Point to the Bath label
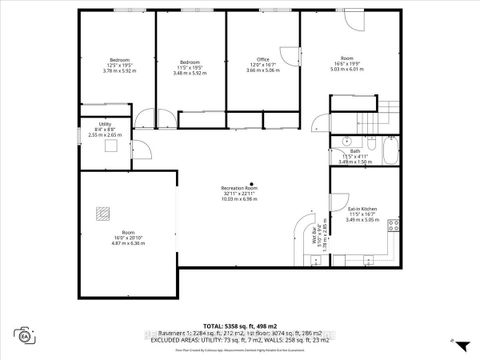point(356,157)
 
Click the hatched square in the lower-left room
point(102,212)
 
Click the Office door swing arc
point(288,55)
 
